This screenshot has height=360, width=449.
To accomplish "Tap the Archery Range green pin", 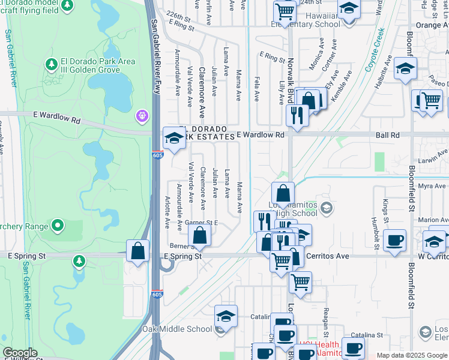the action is [58, 226].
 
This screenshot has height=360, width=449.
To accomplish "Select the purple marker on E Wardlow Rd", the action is [142, 115].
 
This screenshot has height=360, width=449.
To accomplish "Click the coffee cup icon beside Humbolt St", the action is [394, 240].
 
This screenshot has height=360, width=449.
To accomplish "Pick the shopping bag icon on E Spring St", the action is [138, 251].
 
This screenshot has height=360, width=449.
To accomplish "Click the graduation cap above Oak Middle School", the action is [226, 316].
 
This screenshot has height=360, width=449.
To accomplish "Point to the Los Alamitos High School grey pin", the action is [327, 209].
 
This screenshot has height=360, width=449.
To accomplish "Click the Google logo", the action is [20, 353].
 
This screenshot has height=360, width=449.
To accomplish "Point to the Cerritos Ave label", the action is [327, 256].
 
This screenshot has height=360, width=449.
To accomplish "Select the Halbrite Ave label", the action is [382, 74].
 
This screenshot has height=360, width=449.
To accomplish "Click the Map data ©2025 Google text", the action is [412, 355].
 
